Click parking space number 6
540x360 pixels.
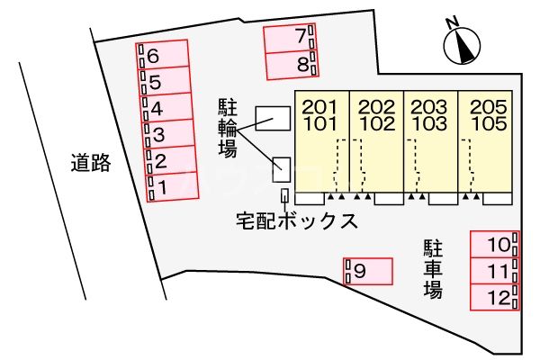(x=164, y=56)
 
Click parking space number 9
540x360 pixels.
(x=368, y=270)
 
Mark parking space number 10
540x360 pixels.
(x=494, y=244)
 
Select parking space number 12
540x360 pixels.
(x=494, y=297)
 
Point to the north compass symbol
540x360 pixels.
(x=463, y=46)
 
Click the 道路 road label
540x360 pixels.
(x=91, y=163)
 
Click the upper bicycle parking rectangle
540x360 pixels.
(x=273, y=118)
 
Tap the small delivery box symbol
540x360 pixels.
(x=286, y=195)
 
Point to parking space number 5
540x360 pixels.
(x=166, y=82)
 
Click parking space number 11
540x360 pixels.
(x=494, y=271)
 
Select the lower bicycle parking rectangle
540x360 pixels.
(x=282, y=167)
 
